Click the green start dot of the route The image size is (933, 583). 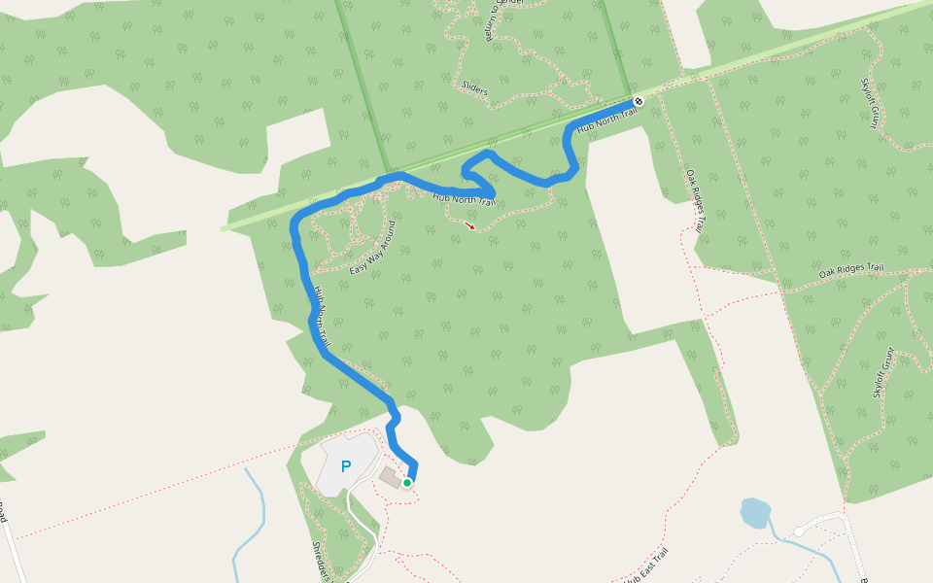tap(407, 482)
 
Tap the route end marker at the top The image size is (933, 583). tap(639, 102)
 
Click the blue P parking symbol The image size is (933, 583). tap(345, 467)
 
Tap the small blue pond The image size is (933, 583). tap(754, 511)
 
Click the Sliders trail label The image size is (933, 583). tap(475, 92)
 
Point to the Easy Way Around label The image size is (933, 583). tap(373, 248)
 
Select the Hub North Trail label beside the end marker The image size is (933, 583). tap(606, 120)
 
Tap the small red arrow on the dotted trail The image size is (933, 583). tap(470, 225)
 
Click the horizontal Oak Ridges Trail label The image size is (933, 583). tap(850, 271)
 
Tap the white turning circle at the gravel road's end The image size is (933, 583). tap(799, 531)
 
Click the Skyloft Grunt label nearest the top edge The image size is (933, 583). tap(870, 103)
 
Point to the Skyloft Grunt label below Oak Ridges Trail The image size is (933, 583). tap(881, 372)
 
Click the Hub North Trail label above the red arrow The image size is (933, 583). tap(465, 198)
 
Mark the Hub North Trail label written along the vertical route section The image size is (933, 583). tap(323, 317)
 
